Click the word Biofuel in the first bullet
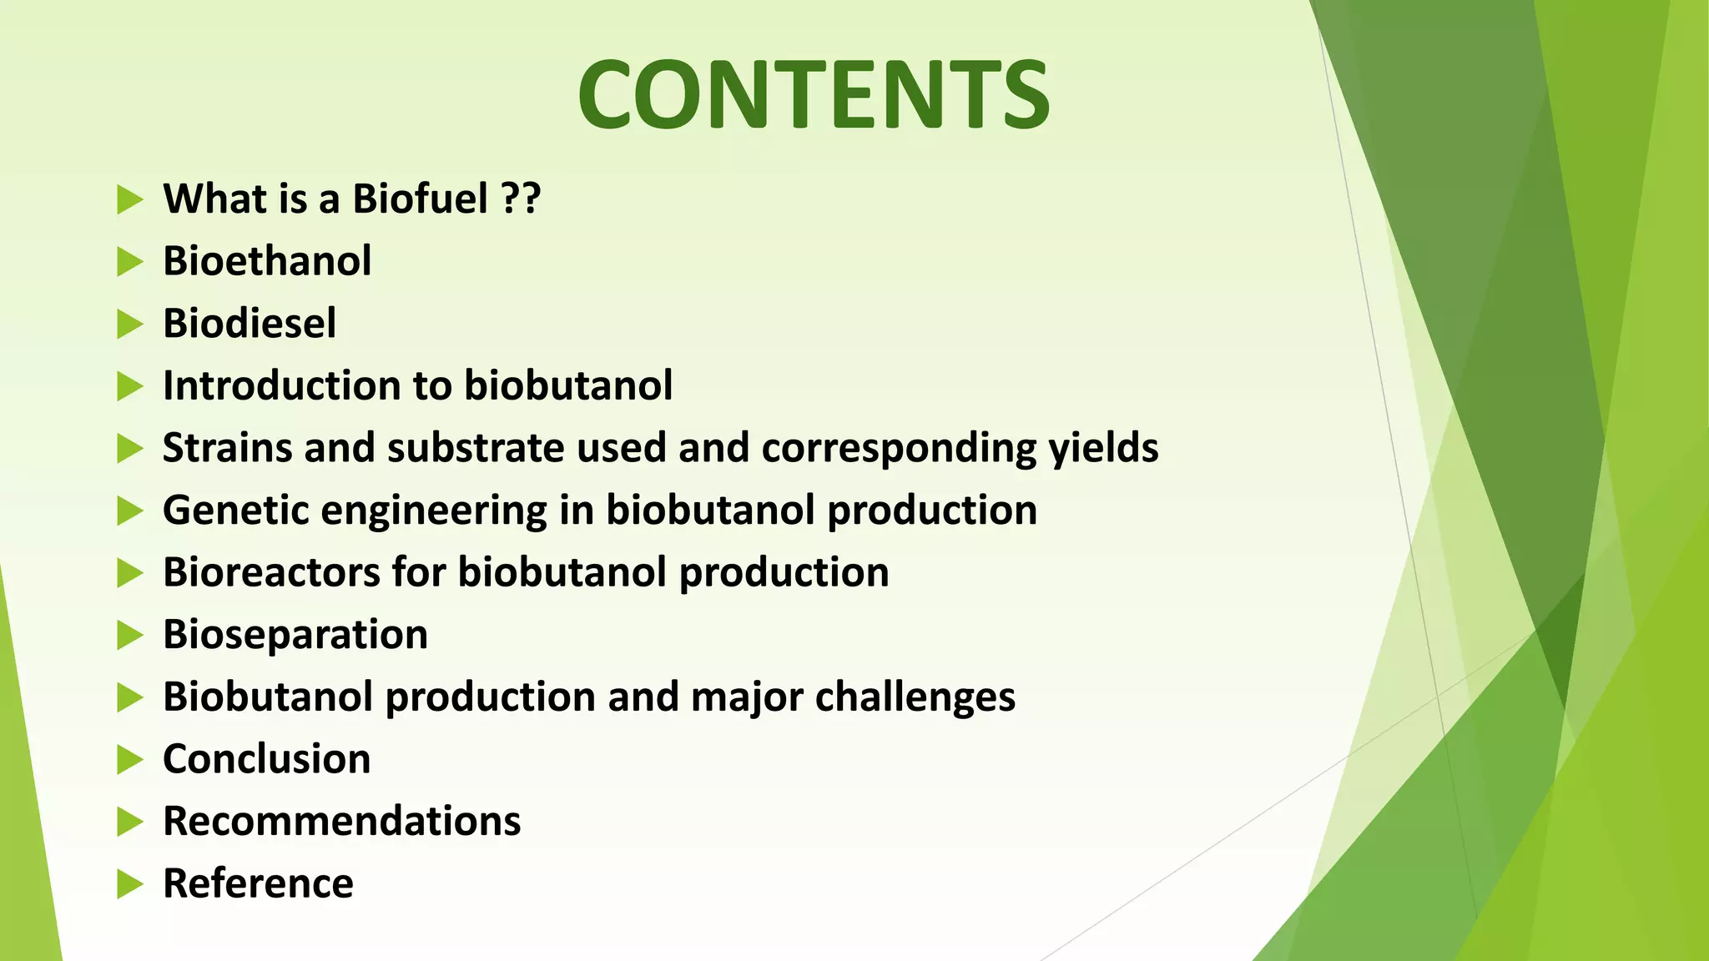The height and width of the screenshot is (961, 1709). pyautogui.click(x=420, y=199)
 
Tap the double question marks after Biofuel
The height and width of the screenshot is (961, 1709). pyautogui.click(x=522, y=199)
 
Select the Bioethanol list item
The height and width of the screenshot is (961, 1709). pyautogui.click(x=267, y=261)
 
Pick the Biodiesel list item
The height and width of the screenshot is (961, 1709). pyautogui.click(x=250, y=324)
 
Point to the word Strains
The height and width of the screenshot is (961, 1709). pyautogui.click(x=227, y=448)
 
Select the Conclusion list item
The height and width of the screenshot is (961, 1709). pyautogui.click(x=267, y=759)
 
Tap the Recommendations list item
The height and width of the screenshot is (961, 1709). pyautogui.click(x=342, y=822)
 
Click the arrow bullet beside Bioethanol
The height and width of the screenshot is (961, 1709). pyautogui.click(x=129, y=262)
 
